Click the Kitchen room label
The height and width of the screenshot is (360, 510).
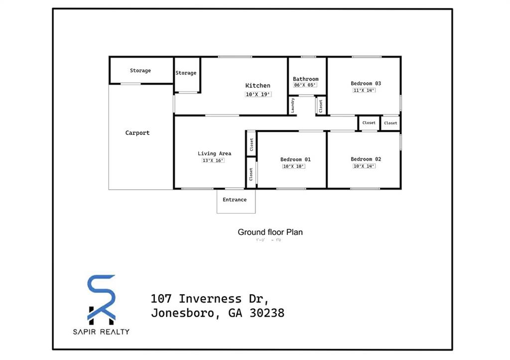pos(257,86)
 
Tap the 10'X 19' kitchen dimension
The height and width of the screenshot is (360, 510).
pos(257,94)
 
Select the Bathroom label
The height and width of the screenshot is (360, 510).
pos(305,79)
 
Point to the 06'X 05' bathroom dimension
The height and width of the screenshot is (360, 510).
pos(305,85)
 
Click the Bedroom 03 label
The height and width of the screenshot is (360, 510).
pos(366,83)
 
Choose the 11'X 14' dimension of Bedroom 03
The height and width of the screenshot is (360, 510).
pos(364,90)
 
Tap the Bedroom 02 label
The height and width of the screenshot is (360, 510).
pos(366,159)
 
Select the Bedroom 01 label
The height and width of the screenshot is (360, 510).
pos(295,159)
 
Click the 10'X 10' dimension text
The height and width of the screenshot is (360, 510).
pos(293,166)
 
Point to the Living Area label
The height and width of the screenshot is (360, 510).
pos(214,153)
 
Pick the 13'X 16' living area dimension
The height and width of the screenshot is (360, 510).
pos(213,160)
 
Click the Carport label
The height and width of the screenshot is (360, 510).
pos(137,133)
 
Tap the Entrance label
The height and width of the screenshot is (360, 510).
pos(235,200)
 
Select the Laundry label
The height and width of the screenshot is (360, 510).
pos(293,105)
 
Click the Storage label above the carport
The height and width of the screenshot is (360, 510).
pos(140,71)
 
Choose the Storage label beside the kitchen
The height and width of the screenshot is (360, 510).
pos(186,73)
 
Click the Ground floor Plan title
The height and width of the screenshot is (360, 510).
pos(270,232)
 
